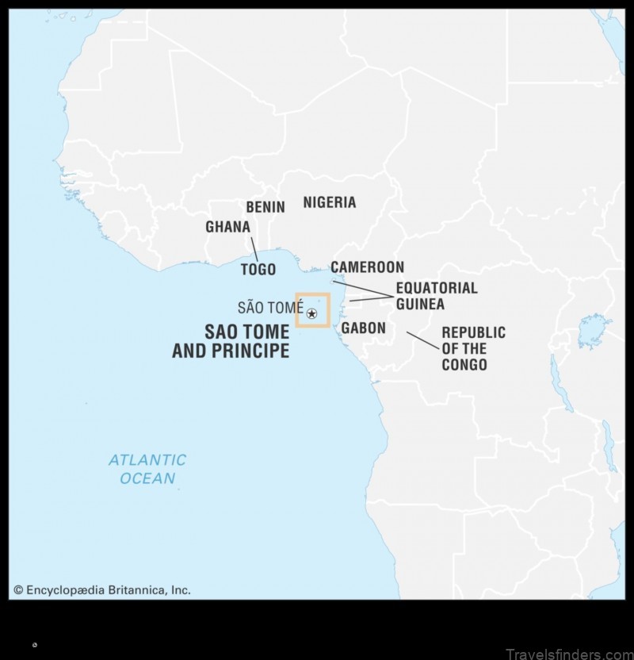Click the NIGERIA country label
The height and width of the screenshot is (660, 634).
click(330, 202)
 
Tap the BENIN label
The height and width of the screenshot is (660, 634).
click(265, 207)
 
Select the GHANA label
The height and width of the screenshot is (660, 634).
click(227, 227)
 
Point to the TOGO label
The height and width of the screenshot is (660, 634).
click(258, 270)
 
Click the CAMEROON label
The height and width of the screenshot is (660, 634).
click(368, 267)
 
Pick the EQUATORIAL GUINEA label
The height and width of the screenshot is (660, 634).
click(437, 296)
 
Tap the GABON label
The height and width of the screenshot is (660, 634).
click(364, 328)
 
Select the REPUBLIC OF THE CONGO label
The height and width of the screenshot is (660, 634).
click(473, 348)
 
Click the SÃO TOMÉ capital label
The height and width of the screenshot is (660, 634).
click(270, 308)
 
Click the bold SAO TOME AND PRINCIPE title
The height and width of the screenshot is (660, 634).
click(231, 341)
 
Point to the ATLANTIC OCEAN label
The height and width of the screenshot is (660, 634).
click(147, 469)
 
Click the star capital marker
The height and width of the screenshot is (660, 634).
click(311, 315)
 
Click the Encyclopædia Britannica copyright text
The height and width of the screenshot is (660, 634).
click(101, 590)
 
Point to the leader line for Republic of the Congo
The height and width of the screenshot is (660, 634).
click(423, 341)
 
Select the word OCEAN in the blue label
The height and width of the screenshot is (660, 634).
click(147, 478)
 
